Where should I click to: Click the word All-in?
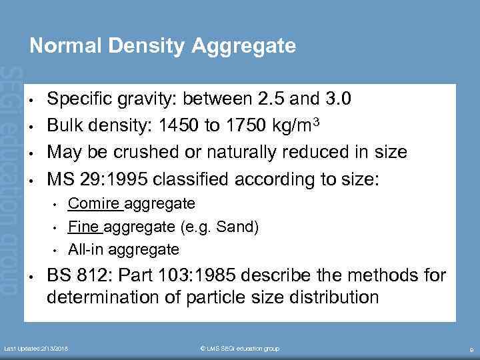point(83,250)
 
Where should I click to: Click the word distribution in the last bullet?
point(331,297)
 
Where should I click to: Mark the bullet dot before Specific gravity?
point(31,101)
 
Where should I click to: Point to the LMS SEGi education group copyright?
point(239,349)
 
